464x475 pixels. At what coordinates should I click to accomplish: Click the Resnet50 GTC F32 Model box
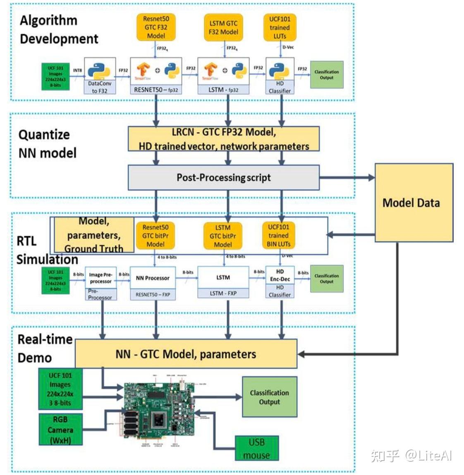pyautogui.click(x=156, y=27)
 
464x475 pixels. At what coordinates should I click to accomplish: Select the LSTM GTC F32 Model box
pyautogui.click(x=223, y=27)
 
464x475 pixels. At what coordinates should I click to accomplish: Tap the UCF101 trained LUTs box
pyautogui.click(x=280, y=27)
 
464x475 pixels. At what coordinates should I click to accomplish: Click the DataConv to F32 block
pyautogui.click(x=100, y=76)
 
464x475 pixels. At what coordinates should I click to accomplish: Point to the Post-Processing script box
pyautogui.click(x=223, y=178)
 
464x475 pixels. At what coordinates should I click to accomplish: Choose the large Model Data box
pyautogui.click(x=414, y=203)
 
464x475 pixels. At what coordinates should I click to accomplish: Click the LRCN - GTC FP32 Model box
pyautogui.click(x=223, y=139)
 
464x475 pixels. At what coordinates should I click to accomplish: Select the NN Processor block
pyautogui.click(x=153, y=278)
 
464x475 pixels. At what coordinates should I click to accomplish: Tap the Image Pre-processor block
pyautogui.click(x=100, y=278)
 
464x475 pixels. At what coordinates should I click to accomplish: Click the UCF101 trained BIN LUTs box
pyautogui.click(x=278, y=236)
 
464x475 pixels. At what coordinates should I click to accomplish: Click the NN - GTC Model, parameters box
pyautogui.click(x=186, y=354)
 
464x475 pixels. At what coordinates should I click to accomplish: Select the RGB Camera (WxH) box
pyautogui.click(x=60, y=430)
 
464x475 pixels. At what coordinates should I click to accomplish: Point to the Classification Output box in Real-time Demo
pyautogui.click(x=269, y=397)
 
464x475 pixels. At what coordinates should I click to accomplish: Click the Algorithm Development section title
pyautogui.click(x=59, y=29)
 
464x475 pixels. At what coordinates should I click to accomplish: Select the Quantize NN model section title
pyautogui.click(x=47, y=144)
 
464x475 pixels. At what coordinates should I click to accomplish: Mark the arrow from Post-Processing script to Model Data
pyautogui.click(x=347, y=178)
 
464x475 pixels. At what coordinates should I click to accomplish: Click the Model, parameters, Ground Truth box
pyautogui.click(x=94, y=235)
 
